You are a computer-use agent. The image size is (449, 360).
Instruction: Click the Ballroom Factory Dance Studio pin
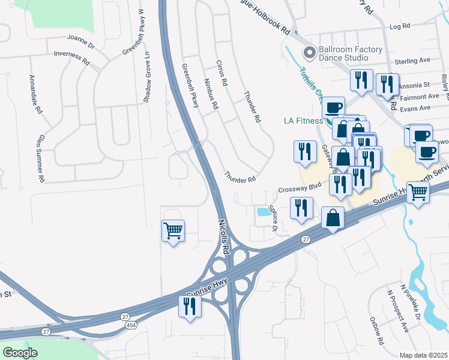pyautogui.click(x=309, y=53)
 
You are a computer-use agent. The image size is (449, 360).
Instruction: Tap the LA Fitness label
pyautogui.click(x=304, y=121)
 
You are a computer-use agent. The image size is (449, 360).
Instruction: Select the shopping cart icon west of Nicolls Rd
pyautogui.click(x=173, y=230)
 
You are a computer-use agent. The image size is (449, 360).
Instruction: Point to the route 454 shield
pyautogui.click(x=130, y=325)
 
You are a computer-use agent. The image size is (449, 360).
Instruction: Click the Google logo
pyautogui.click(x=20, y=353)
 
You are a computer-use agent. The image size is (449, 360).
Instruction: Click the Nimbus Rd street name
pyautogui.click(x=211, y=93)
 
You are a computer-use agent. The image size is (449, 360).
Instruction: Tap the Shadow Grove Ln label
pyautogui.click(x=146, y=77)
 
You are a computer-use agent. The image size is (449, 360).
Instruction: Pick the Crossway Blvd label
pyautogui.click(x=300, y=188)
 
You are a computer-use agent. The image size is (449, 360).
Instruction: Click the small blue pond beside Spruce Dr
pyautogui.click(x=262, y=212)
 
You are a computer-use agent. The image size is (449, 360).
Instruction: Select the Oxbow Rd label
pyautogui.click(x=376, y=331)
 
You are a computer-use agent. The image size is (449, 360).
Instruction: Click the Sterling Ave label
pyautogui.click(x=413, y=61)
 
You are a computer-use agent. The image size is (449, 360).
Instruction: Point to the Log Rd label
pyautogui.click(x=399, y=26)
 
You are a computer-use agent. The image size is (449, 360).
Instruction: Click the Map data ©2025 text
pyautogui.click(x=423, y=355)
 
